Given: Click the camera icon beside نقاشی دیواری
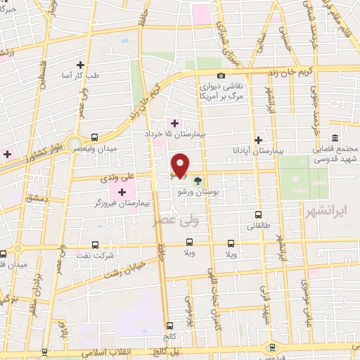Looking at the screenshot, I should point(221,75).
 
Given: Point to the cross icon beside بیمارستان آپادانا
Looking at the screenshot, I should point(259,140).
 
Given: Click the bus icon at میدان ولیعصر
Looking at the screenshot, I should point(94,139).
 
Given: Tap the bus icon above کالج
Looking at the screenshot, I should point(170,326).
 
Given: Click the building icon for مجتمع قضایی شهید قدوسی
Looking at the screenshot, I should point(334,137).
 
